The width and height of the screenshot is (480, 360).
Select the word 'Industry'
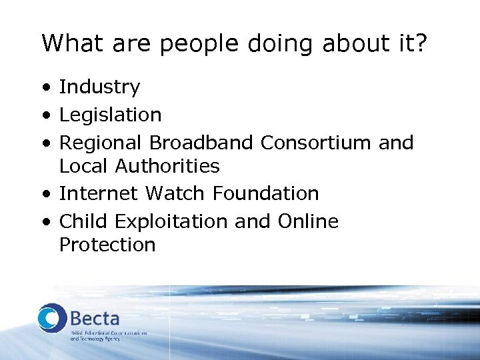[99, 87]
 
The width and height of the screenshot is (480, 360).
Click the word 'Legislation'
[110, 115]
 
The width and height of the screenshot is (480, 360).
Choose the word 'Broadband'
[201, 143]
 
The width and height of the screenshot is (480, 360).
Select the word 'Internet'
[99, 194]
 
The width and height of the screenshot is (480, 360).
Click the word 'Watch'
[176, 194]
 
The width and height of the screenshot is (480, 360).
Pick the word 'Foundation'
[266, 194]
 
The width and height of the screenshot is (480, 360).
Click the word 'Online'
[308, 221]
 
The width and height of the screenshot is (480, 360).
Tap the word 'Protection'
[107, 245]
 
